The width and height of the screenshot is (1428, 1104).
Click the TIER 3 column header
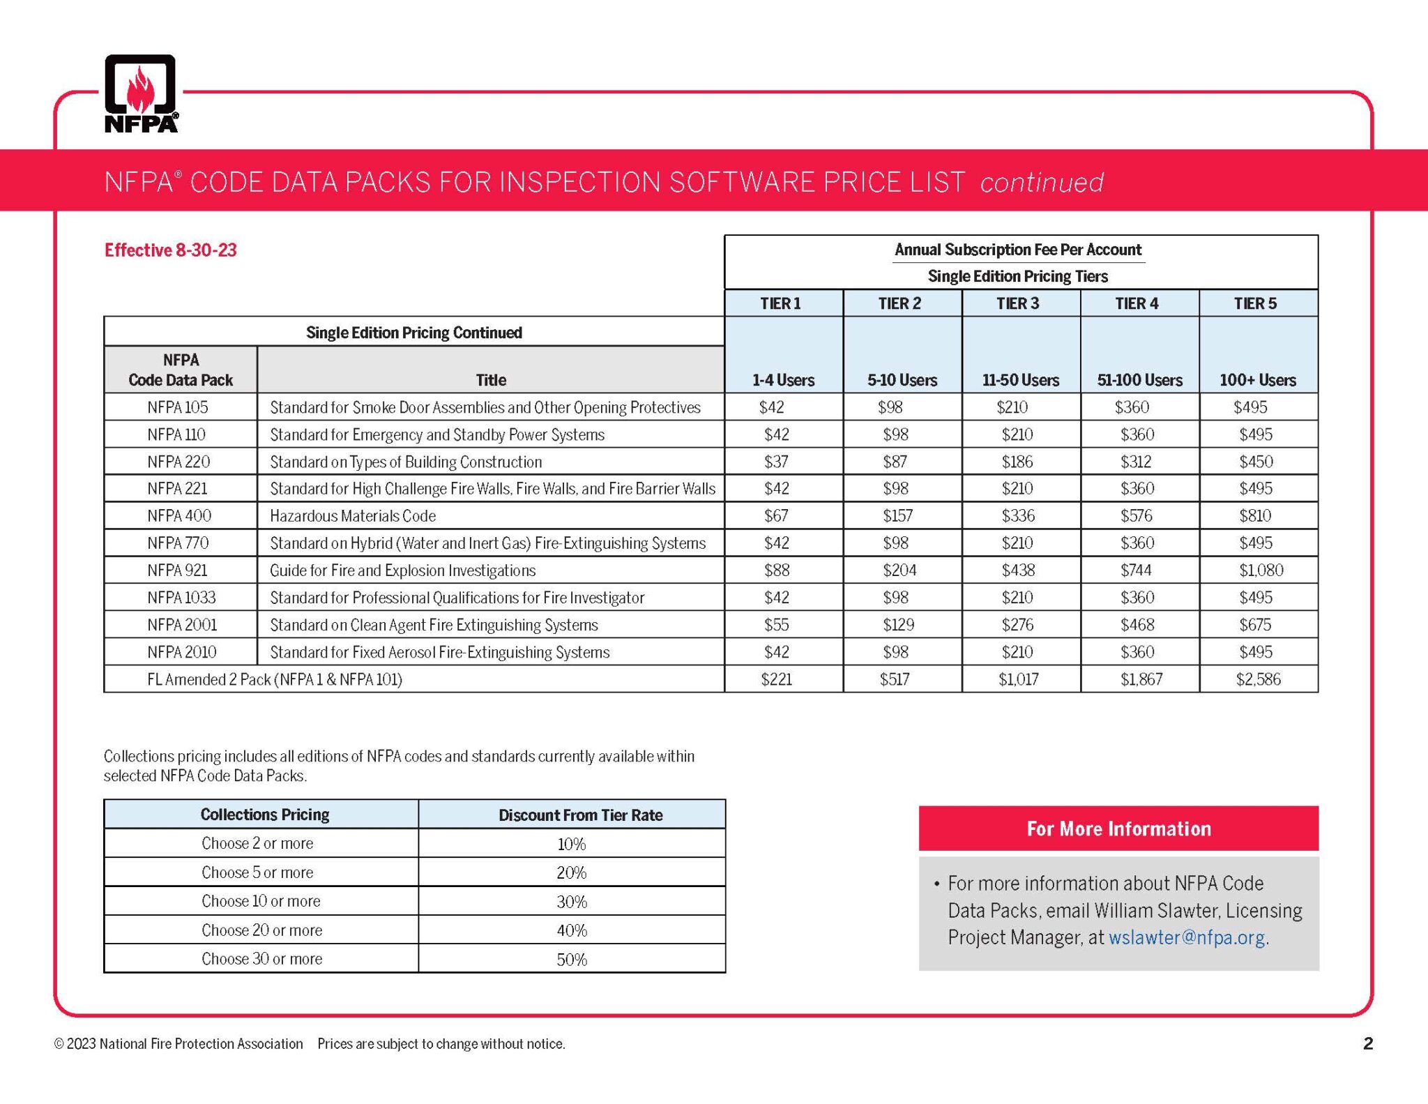(x=1017, y=303)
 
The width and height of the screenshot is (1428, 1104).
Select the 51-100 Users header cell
(x=1139, y=380)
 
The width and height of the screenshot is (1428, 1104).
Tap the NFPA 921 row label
(x=177, y=570)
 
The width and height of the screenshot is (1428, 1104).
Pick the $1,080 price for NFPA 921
(x=1261, y=570)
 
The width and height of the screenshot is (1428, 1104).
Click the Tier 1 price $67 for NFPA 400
(x=776, y=515)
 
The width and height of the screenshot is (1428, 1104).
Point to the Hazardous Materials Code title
(x=353, y=515)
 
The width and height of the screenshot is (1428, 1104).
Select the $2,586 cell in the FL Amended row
(x=1258, y=679)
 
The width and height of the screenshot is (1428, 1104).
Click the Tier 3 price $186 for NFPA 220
(x=1017, y=461)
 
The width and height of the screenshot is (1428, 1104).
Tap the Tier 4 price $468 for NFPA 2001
(x=1137, y=624)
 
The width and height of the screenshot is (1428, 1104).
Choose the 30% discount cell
(x=572, y=901)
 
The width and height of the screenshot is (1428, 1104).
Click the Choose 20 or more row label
(x=261, y=930)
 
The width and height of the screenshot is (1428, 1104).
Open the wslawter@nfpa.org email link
(x=1187, y=937)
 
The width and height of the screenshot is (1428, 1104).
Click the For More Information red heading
(x=1118, y=829)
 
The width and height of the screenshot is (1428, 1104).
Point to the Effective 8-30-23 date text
(x=171, y=250)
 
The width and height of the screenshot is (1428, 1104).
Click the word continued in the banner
(x=1042, y=182)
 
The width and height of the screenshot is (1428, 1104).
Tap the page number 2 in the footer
(x=1367, y=1043)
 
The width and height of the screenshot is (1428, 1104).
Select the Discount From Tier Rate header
(x=580, y=815)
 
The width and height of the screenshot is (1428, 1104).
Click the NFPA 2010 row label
(x=181, y=651)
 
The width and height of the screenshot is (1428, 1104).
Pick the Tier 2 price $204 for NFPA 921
(x=899, y=570)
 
